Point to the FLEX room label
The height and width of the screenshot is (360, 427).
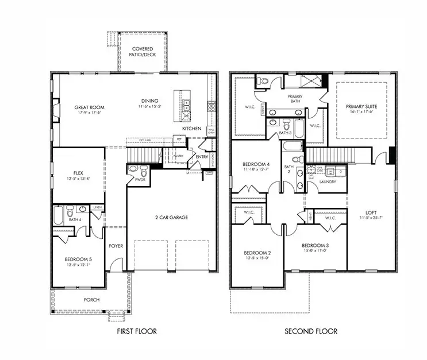(x=78, y=172)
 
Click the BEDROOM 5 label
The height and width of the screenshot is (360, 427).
(x=78, y=259)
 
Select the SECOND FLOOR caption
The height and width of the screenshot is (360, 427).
(x=311, y=331)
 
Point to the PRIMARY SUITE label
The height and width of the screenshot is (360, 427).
(x=360, y=107)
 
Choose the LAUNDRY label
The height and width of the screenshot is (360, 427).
(x=327, y=181)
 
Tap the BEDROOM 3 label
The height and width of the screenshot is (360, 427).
(x=316, y=246)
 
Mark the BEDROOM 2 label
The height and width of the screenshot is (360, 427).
(x=256, y=253)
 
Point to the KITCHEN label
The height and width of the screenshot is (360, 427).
(x=192, y=129)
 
